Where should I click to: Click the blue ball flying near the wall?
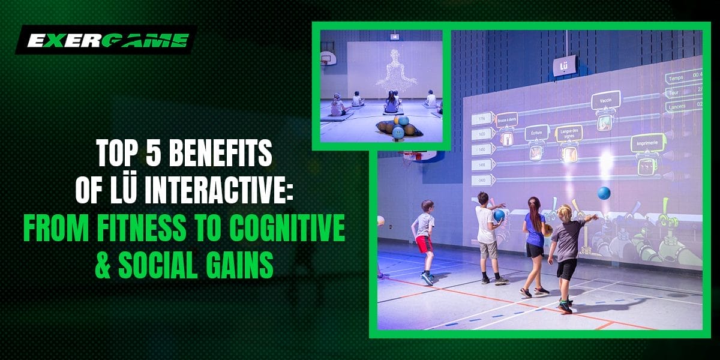pos(604,193)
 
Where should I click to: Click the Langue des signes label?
pos(569,133)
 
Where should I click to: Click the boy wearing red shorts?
pos(425,240)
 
